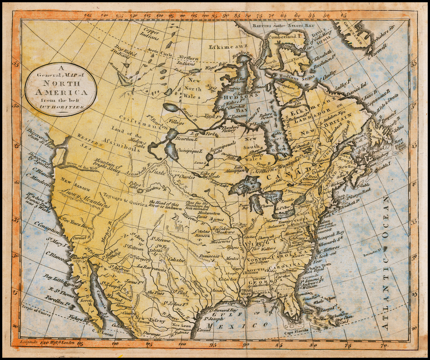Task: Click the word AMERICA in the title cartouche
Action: (61, 92)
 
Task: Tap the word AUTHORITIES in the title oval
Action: (61, 107)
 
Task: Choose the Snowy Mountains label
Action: (86, 197)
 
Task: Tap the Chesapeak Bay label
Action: (331, 232)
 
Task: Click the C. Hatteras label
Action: (330, 247)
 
